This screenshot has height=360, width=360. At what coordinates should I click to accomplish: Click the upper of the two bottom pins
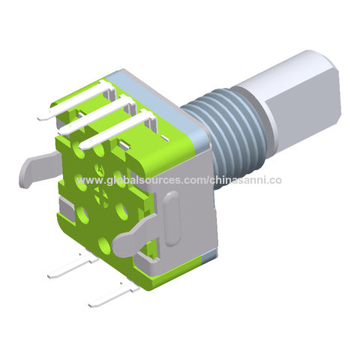pos(71,266)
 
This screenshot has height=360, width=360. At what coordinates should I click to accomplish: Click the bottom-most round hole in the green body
pos(104,245)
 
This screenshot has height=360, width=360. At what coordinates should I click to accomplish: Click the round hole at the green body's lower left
pos(81,217)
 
